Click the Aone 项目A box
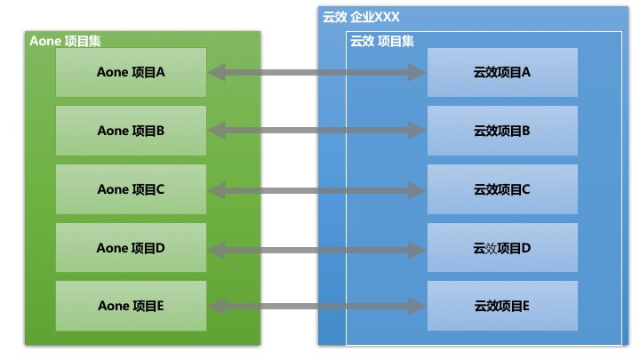pos(131,72)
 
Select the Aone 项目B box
pos(131,131)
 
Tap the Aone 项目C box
pos(131,189)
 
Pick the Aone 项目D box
pos(131,248)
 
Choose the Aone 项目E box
pos(131,306)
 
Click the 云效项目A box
pos(502,72)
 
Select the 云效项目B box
pos(502,131)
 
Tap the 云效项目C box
pos(502,189)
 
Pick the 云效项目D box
pos(502,248)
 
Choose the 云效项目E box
pos(502,306)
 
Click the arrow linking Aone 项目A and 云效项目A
pos(316,73)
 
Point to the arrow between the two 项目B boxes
pos(316,132)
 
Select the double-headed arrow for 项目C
pos(316,190)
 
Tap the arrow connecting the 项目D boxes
pos(316,249)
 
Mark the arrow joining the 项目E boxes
pos(316,307)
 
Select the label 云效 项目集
pos(382,40)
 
